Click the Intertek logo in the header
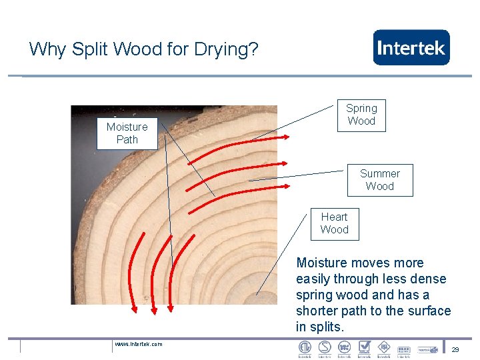411,47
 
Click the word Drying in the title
227,49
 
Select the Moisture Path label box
127,133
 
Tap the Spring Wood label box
361,115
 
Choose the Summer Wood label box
380,180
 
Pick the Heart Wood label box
334,223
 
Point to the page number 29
455,349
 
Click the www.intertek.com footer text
138,344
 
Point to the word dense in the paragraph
429,279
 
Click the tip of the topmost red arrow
289,137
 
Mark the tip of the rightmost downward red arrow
171,310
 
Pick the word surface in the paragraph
429,311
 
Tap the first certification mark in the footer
305,348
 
